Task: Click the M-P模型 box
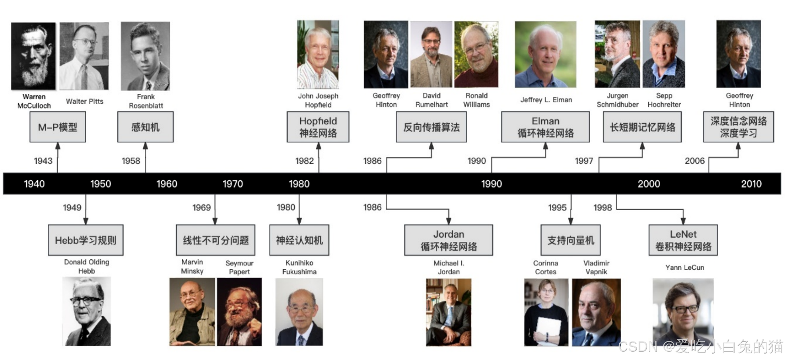tap(58, 127)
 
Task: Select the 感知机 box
tap(145, 127)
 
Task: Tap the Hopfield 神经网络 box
tap(318, 127)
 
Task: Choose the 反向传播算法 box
tap(431, 127)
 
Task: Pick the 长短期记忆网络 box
tap(642, 127)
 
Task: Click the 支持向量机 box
tap(570, 240)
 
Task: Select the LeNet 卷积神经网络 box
tap(683, 240)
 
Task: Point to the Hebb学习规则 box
tap(85, 240)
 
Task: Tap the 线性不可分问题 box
tap(216, 240)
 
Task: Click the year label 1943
tap(43, 161)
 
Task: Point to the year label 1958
tap(131, 161)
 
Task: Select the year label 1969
tap(201, 207)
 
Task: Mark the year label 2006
tap(694, 161)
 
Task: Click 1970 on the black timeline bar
tap(233, 184)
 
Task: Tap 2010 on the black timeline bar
tap(751, 184)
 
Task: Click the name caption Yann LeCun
tap(684, 267)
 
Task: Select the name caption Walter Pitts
tap(84, 101)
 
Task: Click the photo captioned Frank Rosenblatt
tap(145, 56)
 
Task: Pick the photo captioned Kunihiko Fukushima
tap(299, 312)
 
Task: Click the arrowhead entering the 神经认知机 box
tap(299, 221)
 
